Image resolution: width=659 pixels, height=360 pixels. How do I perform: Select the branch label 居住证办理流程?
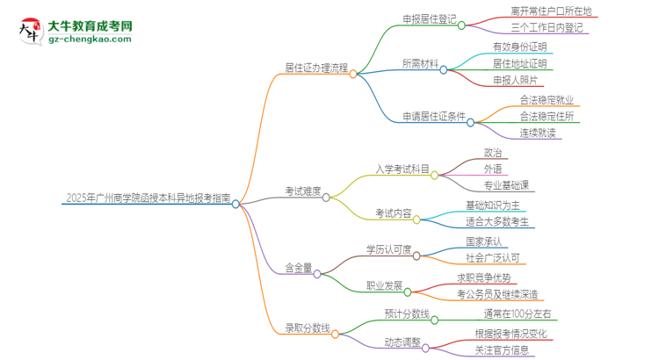click(316, 67)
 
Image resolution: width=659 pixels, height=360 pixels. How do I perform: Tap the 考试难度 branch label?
click(303, 191)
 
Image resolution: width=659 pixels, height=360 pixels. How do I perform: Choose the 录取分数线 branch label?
click(307, 328)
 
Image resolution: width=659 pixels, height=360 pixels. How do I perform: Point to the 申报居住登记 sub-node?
click(430, 19)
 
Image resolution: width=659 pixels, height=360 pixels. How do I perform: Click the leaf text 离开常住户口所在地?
click(551, 11)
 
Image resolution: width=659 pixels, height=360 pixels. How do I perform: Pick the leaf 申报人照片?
click(522, 80)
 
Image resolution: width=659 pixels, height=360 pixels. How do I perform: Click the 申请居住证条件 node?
click(434, 116)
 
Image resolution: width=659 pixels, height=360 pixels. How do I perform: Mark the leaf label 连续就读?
click(537, 132)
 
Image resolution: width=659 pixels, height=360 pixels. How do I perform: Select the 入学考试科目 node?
click(402, 169)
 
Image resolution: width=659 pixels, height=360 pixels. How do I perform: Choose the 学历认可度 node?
click(388, 249)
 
